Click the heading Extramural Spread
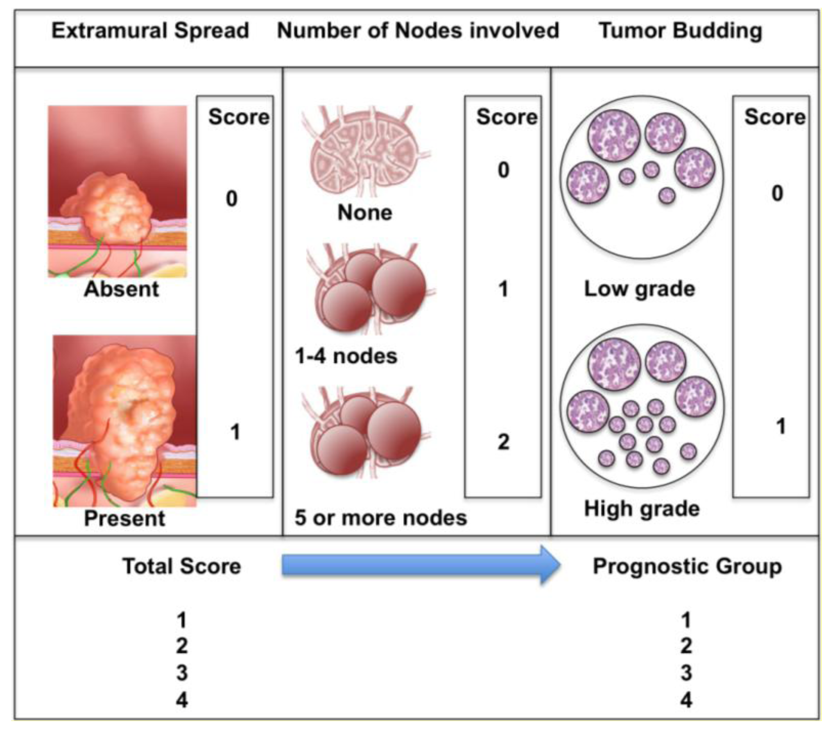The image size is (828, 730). coord(150,31)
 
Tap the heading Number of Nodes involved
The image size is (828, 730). coord(418,31)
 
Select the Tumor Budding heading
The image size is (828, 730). coord(680,31)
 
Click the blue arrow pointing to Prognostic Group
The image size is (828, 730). coord(420,565)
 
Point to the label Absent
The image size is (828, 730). coord(121,289)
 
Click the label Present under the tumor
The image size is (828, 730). coord(124,518)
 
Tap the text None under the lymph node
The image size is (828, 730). coord(364,212)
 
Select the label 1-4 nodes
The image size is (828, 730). coord(346,356)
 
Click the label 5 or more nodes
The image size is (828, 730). coord(380,518)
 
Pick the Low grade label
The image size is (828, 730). coord(639,289)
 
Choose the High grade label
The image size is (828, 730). coord(642,509)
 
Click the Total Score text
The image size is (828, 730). coord(181,567)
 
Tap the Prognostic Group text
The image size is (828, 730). coord(687,567)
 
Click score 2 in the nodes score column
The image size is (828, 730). coord(503,442)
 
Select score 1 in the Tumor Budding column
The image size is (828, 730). coord(780,427)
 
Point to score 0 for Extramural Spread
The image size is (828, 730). coord(232,199)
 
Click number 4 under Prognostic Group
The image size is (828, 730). coord(686,700)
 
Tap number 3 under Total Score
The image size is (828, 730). coord(182,673)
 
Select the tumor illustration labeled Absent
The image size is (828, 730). coord(118,191)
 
